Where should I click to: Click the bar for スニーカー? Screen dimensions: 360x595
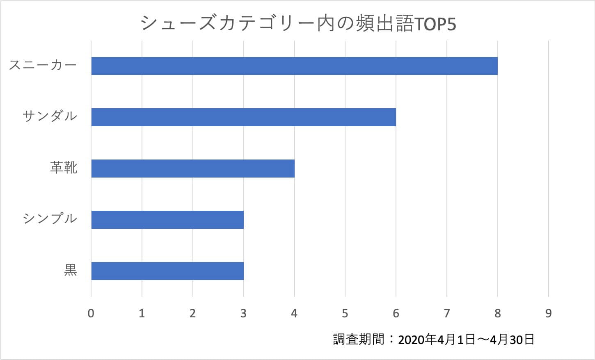(294, 66)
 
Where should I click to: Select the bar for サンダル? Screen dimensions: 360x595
(243, 117)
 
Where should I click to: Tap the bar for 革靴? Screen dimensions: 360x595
(193, 168)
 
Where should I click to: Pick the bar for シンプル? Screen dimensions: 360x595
(167, 219)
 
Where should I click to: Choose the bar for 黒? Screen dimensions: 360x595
(167, 271)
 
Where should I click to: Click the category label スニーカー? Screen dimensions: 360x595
(43, 66)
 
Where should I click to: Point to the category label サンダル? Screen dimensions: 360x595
(50, 117)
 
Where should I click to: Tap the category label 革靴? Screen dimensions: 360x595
(64, 168)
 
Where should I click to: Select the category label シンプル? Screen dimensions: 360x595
(50, 219)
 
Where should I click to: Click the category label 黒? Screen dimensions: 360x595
(71, 270)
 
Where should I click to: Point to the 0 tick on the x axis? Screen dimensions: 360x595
(91, 314)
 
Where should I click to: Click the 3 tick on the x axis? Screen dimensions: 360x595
(243, 314)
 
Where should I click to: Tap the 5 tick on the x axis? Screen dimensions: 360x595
(345, 314)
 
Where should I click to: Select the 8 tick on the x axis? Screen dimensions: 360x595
(497, 314)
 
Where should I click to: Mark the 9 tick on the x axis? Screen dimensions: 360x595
(548, 314)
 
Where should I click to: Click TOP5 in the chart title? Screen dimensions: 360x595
(435, 24)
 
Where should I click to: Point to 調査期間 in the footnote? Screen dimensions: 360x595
(358, 339)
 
